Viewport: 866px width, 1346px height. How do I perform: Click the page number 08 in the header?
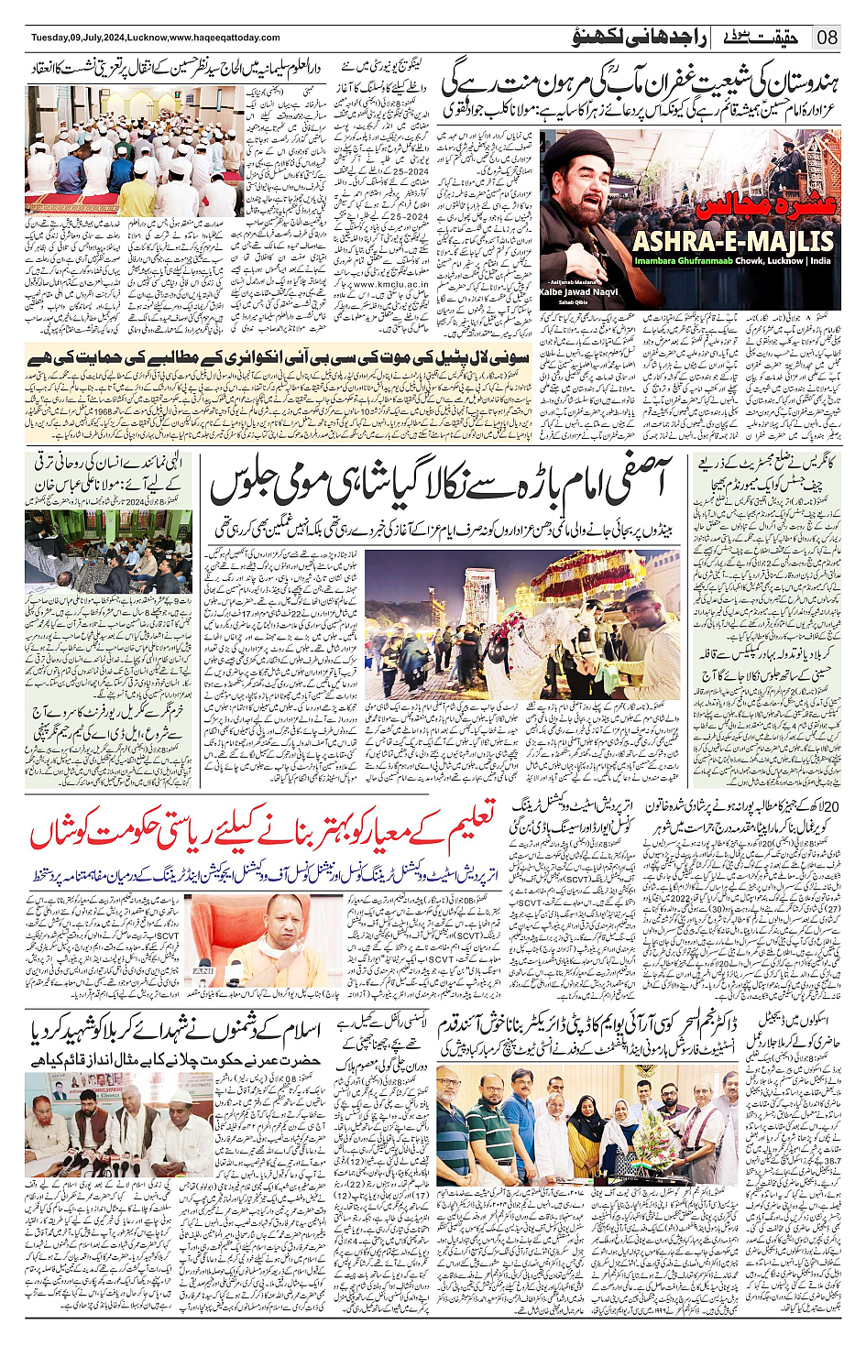pyautogui.click(x=828, y=38)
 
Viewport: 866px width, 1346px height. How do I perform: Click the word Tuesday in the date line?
pyautogui.click(x=50, y=38)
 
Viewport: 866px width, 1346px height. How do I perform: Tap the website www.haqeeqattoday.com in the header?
pyautogui.click(x=225, y=38)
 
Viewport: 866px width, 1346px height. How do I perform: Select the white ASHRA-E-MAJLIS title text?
pyautogui.click(x=733, y=241)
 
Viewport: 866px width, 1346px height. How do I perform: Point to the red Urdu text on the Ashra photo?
pyautogui.click(x=765, y=203)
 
